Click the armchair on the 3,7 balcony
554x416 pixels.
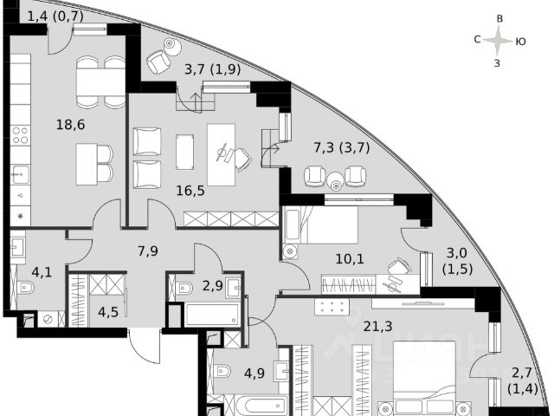[x=158, y=62]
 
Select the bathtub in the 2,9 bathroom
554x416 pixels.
[x=210, y=314]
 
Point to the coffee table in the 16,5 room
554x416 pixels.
[x=184, y=152]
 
